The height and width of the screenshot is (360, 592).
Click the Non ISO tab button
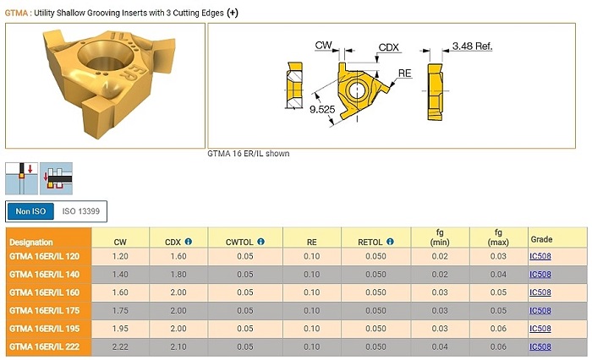(x=30, y=211)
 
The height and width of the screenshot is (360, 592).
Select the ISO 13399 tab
(x=81, y=211)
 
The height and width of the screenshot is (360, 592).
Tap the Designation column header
(x=31, y=243)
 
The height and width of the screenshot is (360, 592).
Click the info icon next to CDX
(x=189, y=242)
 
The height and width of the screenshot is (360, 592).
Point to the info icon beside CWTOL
(x=260, y=242)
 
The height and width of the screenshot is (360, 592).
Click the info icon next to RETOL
(x=390, y=242)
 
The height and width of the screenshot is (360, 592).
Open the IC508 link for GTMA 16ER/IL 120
(x=540, y=256)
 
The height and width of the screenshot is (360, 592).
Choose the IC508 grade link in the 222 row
(x=540, y=346)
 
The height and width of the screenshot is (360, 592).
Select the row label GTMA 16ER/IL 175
(x=45, y=311)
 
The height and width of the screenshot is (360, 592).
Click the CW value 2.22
(x=120, y=346)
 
